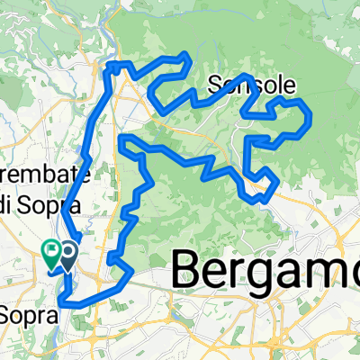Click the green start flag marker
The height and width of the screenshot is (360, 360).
[x=51, y=253]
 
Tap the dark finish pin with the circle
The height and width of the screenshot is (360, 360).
[x=67, y=255]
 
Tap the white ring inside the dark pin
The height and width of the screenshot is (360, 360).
[x=67, y=252]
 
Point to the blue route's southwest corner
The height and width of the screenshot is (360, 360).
[x=62, y=302]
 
